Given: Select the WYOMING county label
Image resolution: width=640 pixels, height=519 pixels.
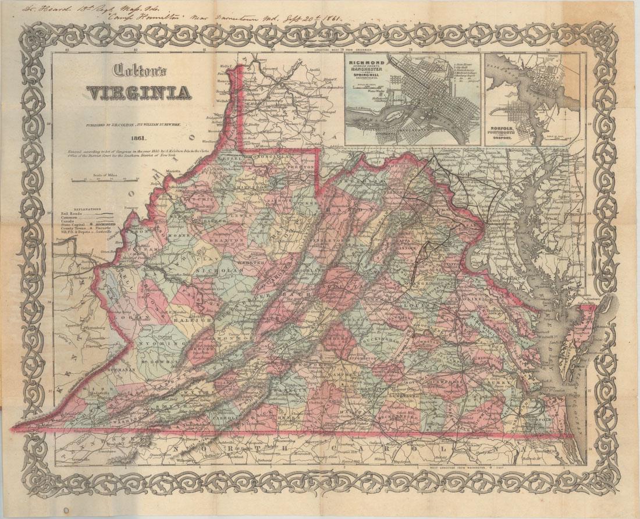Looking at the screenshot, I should tap(159, 344).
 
